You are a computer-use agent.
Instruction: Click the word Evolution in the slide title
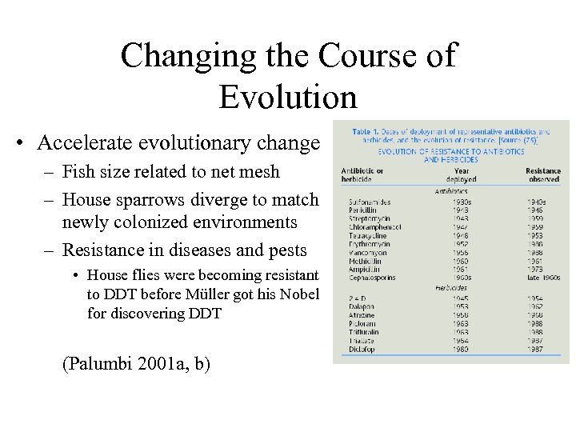(287, 97)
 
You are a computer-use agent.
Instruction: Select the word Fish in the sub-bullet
(78, 172)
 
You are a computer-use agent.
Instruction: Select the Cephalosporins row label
(370, 277)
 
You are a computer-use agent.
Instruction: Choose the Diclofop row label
(356, 350)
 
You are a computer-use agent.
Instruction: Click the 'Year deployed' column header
(462, 175)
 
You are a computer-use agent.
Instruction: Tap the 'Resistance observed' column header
(543, 175)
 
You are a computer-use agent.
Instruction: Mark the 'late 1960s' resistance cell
(542, 277)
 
